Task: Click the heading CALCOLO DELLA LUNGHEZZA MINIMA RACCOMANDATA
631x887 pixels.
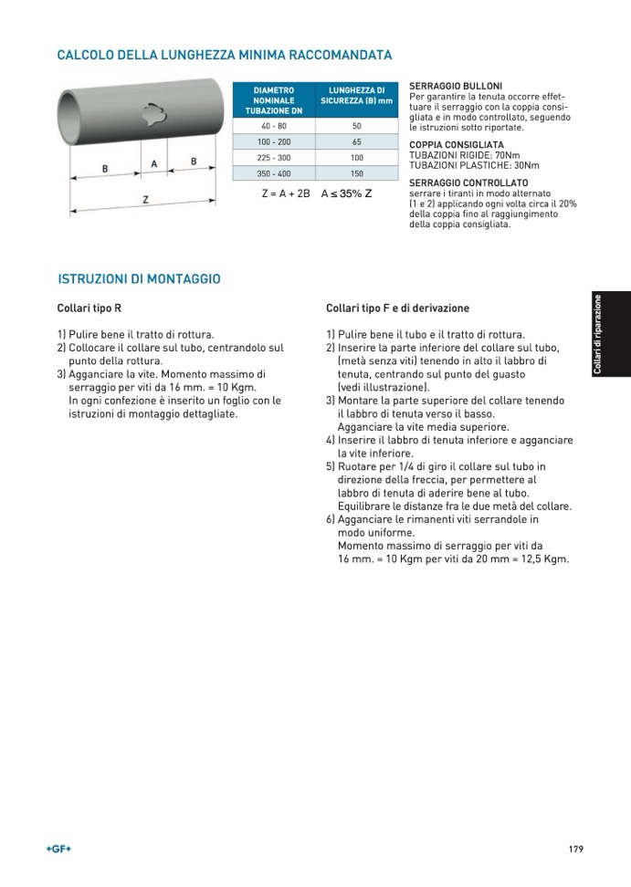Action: tap(225, 56)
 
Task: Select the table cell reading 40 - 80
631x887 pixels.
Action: tap(274, 126)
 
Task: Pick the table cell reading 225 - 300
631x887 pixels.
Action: tap(274, 158)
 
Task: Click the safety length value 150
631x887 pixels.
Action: tap(357, 173)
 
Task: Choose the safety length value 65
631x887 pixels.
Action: tap(357, 142)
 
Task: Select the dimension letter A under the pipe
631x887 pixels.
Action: tap(154, 163)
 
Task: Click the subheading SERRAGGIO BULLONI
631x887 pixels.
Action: tap(456, 86)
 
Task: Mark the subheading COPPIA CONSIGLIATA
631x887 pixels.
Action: tap(457, 144)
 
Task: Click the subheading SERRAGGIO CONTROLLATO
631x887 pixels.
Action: tap(468, 183)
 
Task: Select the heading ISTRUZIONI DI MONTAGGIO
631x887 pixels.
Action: tap(139, 278)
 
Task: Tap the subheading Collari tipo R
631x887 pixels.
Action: tap(89, 308)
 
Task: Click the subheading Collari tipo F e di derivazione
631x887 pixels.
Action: tap(397, 308)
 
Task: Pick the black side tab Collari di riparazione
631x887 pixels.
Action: tap(610, 334)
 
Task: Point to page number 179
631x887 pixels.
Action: tap(575, 850)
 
